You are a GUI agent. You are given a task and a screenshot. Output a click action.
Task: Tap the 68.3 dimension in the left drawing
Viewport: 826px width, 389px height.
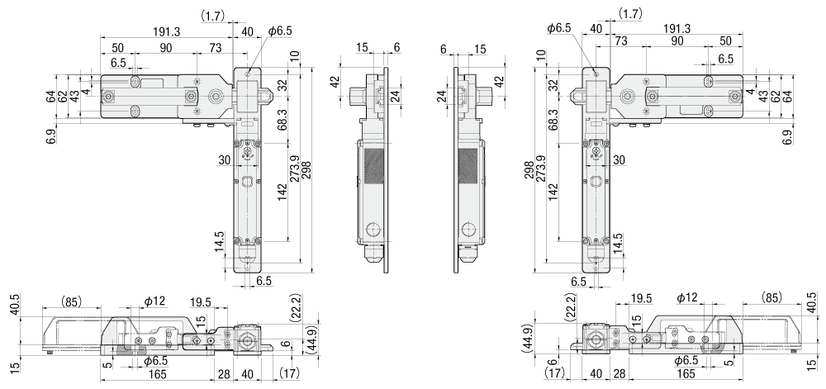(x=282, y=121)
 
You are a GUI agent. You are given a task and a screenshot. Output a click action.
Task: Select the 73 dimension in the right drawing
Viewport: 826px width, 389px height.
(x=621, y=40)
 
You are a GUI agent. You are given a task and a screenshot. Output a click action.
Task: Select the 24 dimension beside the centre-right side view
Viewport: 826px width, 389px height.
(x=441, y=97)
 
